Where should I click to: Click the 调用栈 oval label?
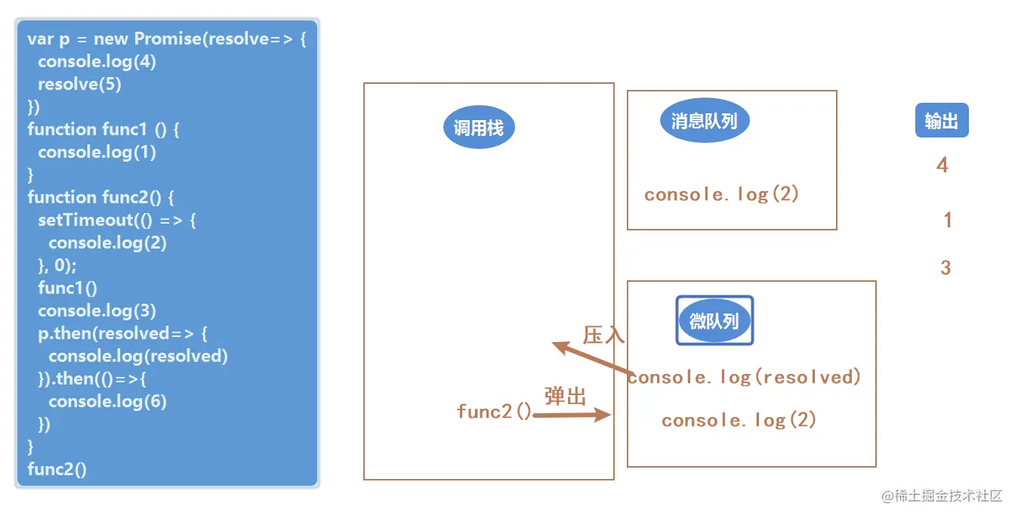[478, 128]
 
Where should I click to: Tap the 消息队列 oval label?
[704, 120]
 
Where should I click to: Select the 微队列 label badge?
[714, 320]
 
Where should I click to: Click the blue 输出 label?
[941, 121]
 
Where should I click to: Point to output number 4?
[942, 165]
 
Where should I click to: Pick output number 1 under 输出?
[948, 221]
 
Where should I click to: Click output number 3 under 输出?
[946, 267]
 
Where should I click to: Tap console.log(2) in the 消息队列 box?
[721, 194]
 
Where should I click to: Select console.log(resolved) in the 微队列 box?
[745, 376]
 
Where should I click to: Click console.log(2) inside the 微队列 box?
[739, 420]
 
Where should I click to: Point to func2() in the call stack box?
[494, 411]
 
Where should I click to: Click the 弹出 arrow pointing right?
[572, 414]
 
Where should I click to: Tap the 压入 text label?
[604, 335]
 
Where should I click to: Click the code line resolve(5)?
[79, 84]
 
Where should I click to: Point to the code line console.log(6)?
[107, 401]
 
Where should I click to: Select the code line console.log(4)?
[97, 61]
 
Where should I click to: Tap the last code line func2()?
[57, 469]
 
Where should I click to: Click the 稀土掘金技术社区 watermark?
[942, 496]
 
